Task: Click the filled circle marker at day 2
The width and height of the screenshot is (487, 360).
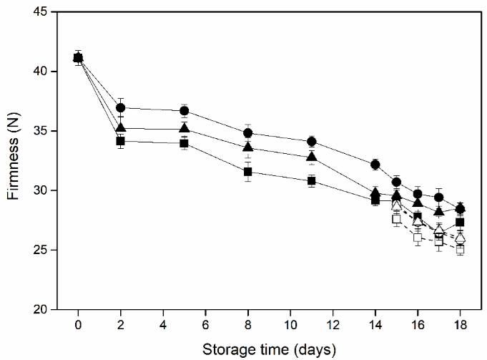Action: pyautogui.click(x=121, y=107)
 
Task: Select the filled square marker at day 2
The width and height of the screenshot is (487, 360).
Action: pyautogui.click(x=121, y=141)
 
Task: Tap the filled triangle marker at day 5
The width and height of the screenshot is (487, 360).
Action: pyautogui.click(x=185, y=129)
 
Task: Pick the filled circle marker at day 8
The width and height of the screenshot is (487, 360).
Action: pyautogui.click(x=248, y=132)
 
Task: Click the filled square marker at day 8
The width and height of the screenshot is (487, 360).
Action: pyautogui.click(x=248, y=172)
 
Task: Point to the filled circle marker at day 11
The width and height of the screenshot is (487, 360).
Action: pyautogui.click(x=312, y=141)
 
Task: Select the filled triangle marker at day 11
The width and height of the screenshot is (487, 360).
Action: pyautogui.click(x=312, y=157)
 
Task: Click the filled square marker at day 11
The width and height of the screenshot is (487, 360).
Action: pyautogui.click(x=312, y=181)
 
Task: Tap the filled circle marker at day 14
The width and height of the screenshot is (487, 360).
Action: pyautogui.click(x=375, y=165)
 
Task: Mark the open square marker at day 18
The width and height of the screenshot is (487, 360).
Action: pyautogui.click(x=460, y=250)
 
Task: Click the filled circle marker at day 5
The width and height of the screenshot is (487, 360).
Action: pyautogui.click(x=185, y=111)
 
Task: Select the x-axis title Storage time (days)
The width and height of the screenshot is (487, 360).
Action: pyautogui.click(x=269, y=350)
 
